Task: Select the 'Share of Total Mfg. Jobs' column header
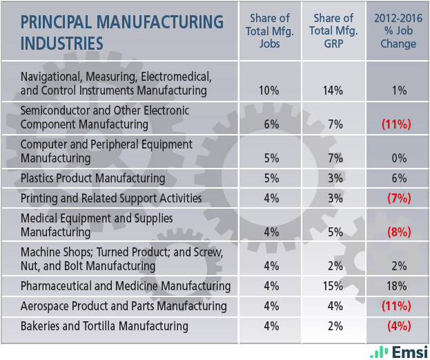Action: (x=271, y=31)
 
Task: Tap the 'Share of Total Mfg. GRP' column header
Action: (x=334, y=31)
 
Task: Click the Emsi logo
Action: (x=399, y=351)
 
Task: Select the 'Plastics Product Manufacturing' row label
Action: (x=93, y=178)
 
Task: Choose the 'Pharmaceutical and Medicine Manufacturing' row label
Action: (x=126, y=286)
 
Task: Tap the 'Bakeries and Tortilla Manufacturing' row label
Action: (x=104, y=326)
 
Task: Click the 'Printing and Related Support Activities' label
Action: (x=111, y=198)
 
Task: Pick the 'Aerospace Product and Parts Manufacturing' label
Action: (x=124, y=306)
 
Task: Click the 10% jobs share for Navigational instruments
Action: (x=271, y=91)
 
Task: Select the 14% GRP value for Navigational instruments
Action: (x=334, y=91)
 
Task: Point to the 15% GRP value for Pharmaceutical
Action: (x=334, y=286)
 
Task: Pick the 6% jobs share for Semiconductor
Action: (x=271, y=124)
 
